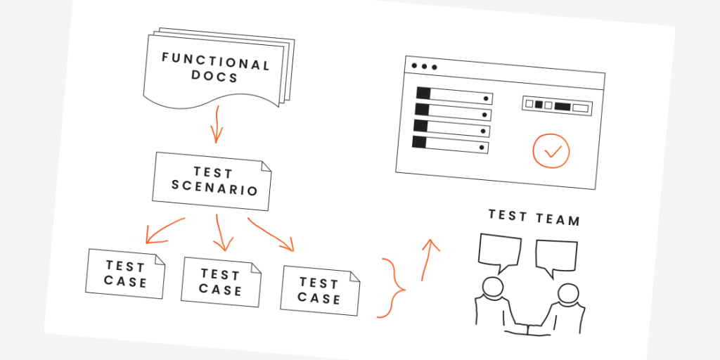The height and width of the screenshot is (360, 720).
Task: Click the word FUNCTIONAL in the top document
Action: [x=216, y=62]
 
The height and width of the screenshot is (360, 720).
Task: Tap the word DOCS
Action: [x=214, y=77]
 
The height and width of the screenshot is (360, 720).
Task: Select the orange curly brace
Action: [x=392, y=288]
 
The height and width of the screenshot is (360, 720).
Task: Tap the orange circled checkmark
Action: [x=551, y=150]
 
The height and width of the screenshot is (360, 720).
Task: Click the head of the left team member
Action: [x=491, y=287]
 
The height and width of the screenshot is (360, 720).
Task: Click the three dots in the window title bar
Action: [x=424, y=67]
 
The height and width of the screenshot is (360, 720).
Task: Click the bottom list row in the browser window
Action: [x=451, y=145]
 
